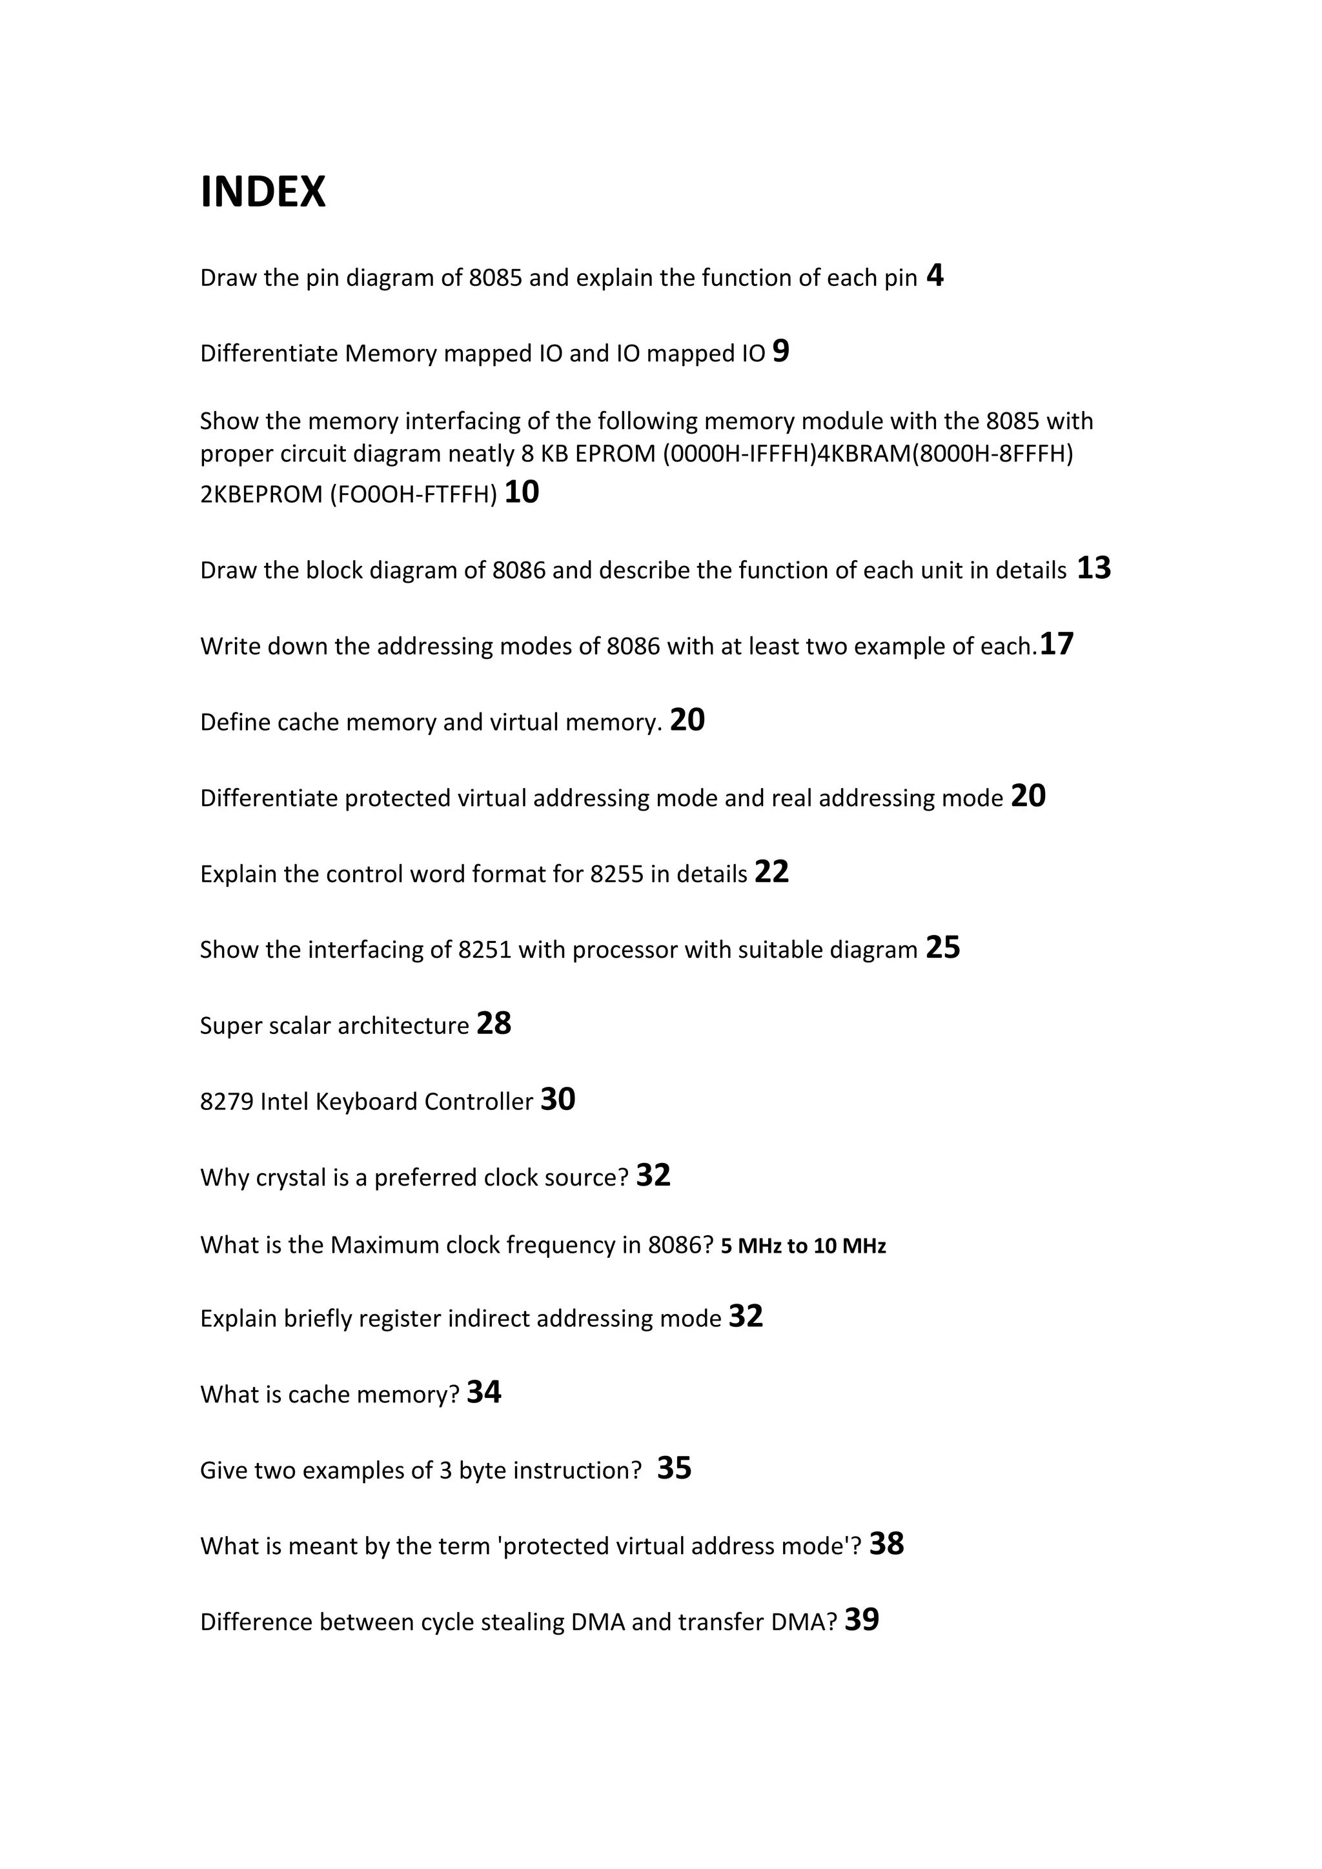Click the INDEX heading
(263, 192)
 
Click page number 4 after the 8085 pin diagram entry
(935, 276)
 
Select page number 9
(780, 351)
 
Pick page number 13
(1094, 568)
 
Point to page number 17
(1057, 644)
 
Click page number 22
(772, 872)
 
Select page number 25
(942, 947)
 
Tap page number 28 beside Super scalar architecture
(494, 1023)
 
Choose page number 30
(558, 1099)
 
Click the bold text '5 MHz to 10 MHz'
(804, 1246)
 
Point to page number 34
(483, 1392)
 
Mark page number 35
(674, 1468)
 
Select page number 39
(862, 1619)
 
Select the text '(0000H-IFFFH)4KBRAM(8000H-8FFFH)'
(868, 454)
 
